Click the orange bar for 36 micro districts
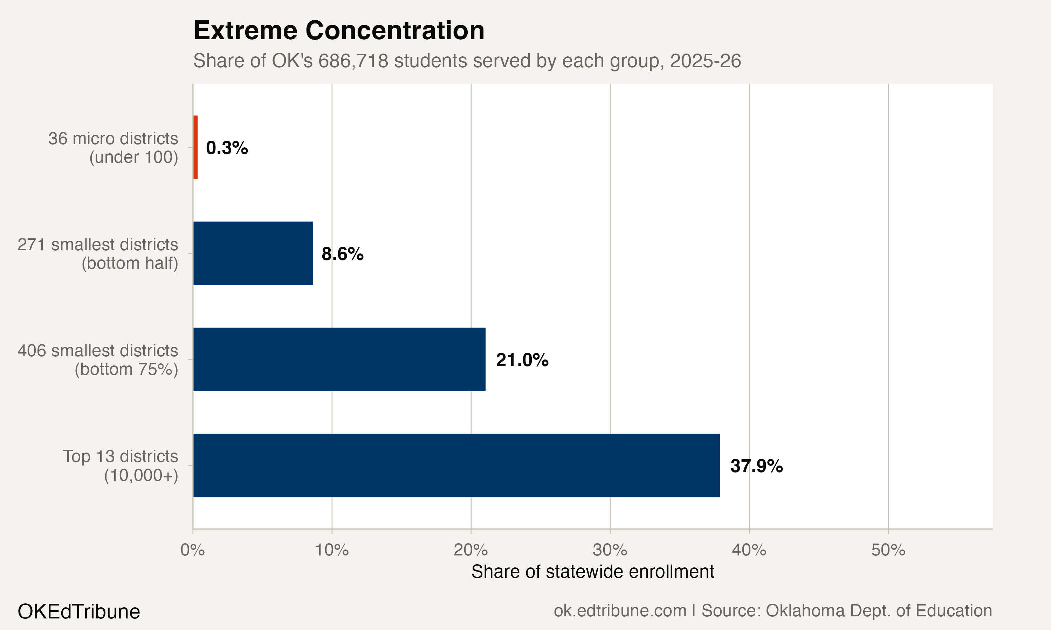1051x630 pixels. coord(195,147)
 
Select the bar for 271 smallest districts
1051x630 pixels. coord(253,253)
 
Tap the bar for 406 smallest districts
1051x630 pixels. coord(339,359)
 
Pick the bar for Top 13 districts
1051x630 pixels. coord(456,466)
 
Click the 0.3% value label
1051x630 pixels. coord(227,148)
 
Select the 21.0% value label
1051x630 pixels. coord(522,360)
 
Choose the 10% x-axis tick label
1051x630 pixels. coord(332,550)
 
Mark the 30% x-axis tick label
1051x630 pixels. coord(610,550)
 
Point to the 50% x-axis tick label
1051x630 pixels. coord(888,550)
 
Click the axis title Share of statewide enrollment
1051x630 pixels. coord(593,572)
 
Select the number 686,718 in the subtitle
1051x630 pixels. coord(353,61)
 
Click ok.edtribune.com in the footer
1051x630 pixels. coord(620,611)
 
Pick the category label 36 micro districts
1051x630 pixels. coord(113,139)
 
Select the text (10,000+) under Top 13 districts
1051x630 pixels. coord(141,475)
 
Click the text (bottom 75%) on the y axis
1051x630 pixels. coord(126,369)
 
